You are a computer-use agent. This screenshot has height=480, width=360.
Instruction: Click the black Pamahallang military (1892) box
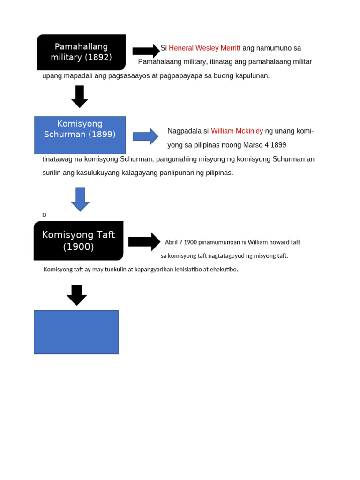[x=81, y=52]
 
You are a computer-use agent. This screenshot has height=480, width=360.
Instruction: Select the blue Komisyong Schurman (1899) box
[x=80, y=135]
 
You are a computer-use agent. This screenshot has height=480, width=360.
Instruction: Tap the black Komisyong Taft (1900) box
[x=78, y=240]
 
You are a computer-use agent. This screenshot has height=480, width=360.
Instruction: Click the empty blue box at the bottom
[x=76, y=332]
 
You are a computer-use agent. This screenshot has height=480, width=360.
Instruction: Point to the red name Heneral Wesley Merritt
[x=204, y=48]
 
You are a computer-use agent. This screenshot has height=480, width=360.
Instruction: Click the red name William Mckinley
[x=237, y=131]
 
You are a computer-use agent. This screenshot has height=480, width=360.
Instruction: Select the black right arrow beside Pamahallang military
[x=146, y=51]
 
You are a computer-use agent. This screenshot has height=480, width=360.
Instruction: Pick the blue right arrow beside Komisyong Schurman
[x=145, y=136]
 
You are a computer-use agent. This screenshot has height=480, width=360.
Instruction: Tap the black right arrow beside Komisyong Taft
[x=144, y=241]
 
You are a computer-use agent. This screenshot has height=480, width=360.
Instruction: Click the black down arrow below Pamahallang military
[x=80, y=96]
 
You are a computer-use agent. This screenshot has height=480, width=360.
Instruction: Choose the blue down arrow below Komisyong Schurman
[x=80, y=199]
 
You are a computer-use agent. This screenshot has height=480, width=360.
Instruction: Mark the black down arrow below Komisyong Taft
[x=77, y=295]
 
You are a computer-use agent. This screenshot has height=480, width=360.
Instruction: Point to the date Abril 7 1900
[x=179, y=242]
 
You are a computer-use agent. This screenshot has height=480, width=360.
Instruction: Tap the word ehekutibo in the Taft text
[x=224, y=270]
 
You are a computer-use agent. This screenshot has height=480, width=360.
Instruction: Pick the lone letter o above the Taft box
[x=45, y=215]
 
